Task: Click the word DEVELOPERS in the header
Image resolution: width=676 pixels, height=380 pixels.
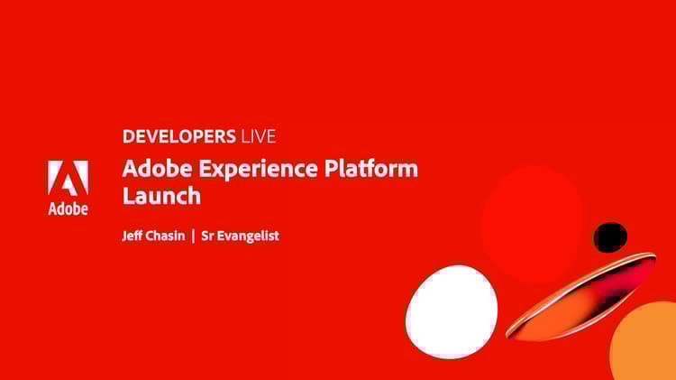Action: click(x=178, y=137)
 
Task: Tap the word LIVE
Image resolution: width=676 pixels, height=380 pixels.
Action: click(x=258, y=137)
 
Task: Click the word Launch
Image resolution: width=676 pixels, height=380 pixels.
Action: click(x=160, y=195)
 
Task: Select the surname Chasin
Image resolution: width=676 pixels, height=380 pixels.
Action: click(x=167, y=236)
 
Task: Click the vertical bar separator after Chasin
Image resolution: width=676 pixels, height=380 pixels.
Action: click(x=193, y=236)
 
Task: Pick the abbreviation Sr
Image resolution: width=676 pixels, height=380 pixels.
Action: click(x=207, y=236)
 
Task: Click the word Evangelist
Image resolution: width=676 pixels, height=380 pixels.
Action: click(x=249, y=236)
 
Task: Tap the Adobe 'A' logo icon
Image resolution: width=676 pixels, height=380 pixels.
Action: click(x=68, y=178)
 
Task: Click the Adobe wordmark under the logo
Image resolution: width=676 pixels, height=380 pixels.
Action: click(x=68, y=209)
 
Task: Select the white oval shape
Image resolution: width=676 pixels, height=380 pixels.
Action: click(x=452, y=311)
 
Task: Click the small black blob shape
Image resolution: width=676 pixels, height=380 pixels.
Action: click(x=610, y=237)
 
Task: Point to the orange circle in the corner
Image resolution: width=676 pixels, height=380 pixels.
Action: click(x=649, y=348)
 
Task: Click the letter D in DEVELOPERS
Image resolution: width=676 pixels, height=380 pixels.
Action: click(x=128, y=137)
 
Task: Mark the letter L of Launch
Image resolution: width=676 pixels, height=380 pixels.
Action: click(x=128, y=195)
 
